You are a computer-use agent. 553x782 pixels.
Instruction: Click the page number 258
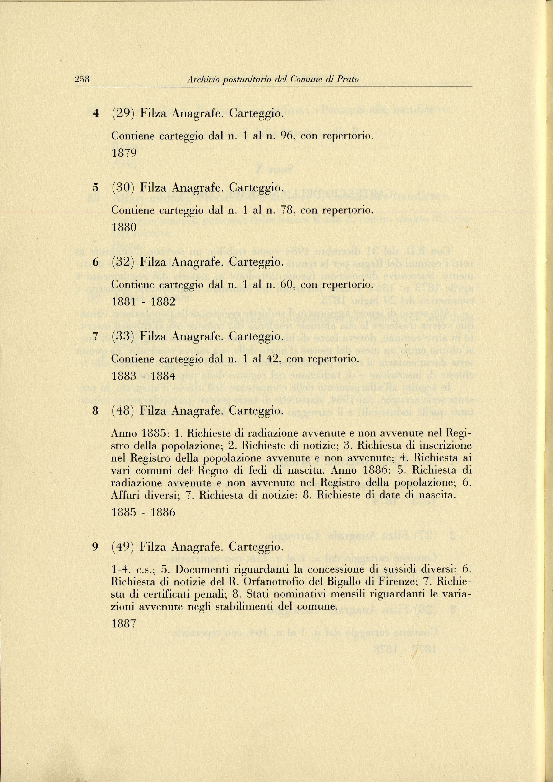82,79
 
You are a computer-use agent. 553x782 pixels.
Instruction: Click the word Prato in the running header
348,79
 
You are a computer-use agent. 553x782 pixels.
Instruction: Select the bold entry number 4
96,113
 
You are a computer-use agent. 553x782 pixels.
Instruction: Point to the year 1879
124,153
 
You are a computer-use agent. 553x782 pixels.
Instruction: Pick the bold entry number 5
96,187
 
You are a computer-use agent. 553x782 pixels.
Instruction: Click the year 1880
124,227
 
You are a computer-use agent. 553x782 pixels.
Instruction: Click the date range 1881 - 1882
143,302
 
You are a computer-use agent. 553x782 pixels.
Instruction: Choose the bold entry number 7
96,337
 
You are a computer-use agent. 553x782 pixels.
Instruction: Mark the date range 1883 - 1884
143,376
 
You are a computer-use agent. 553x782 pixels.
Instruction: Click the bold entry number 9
96,547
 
